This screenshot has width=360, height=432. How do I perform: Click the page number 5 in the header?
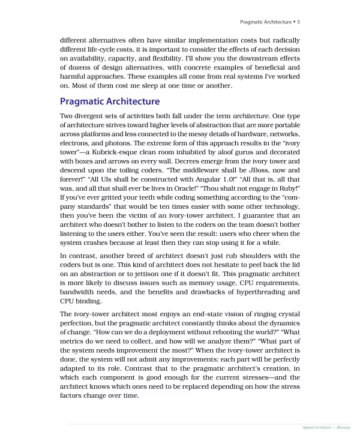click(x=298, y=22)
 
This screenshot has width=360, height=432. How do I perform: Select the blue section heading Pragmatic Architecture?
click(x=110, y=101)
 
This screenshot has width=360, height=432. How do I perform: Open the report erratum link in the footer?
click(x=316, y=427)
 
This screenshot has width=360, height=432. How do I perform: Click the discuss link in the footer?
click(x=343, y=427)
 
